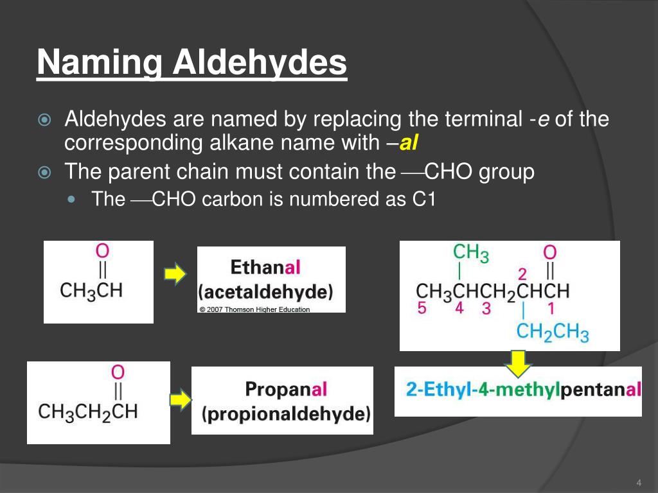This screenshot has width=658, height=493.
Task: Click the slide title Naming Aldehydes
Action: coord(191,64)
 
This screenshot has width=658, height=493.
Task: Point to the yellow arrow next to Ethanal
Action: coord(175,275)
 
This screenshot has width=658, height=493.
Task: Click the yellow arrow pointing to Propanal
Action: coord(181,401)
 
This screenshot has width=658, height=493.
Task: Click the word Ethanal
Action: coord(265,268)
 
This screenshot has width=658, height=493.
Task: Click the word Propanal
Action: coord(287,389)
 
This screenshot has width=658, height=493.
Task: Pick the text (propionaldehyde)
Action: coord(287,414)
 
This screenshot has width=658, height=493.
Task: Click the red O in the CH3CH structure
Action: coord(102,251)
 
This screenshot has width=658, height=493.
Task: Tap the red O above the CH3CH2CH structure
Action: coord(118,372)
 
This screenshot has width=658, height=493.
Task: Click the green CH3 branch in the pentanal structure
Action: coord(470,253)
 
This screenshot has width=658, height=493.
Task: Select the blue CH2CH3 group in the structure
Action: coord(553,332)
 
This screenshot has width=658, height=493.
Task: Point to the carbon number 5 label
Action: coord(422,309)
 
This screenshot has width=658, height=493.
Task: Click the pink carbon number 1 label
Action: coord(551,309)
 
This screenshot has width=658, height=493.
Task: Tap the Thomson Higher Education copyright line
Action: coord(254,309)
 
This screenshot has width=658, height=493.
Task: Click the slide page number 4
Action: coord(639,483)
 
